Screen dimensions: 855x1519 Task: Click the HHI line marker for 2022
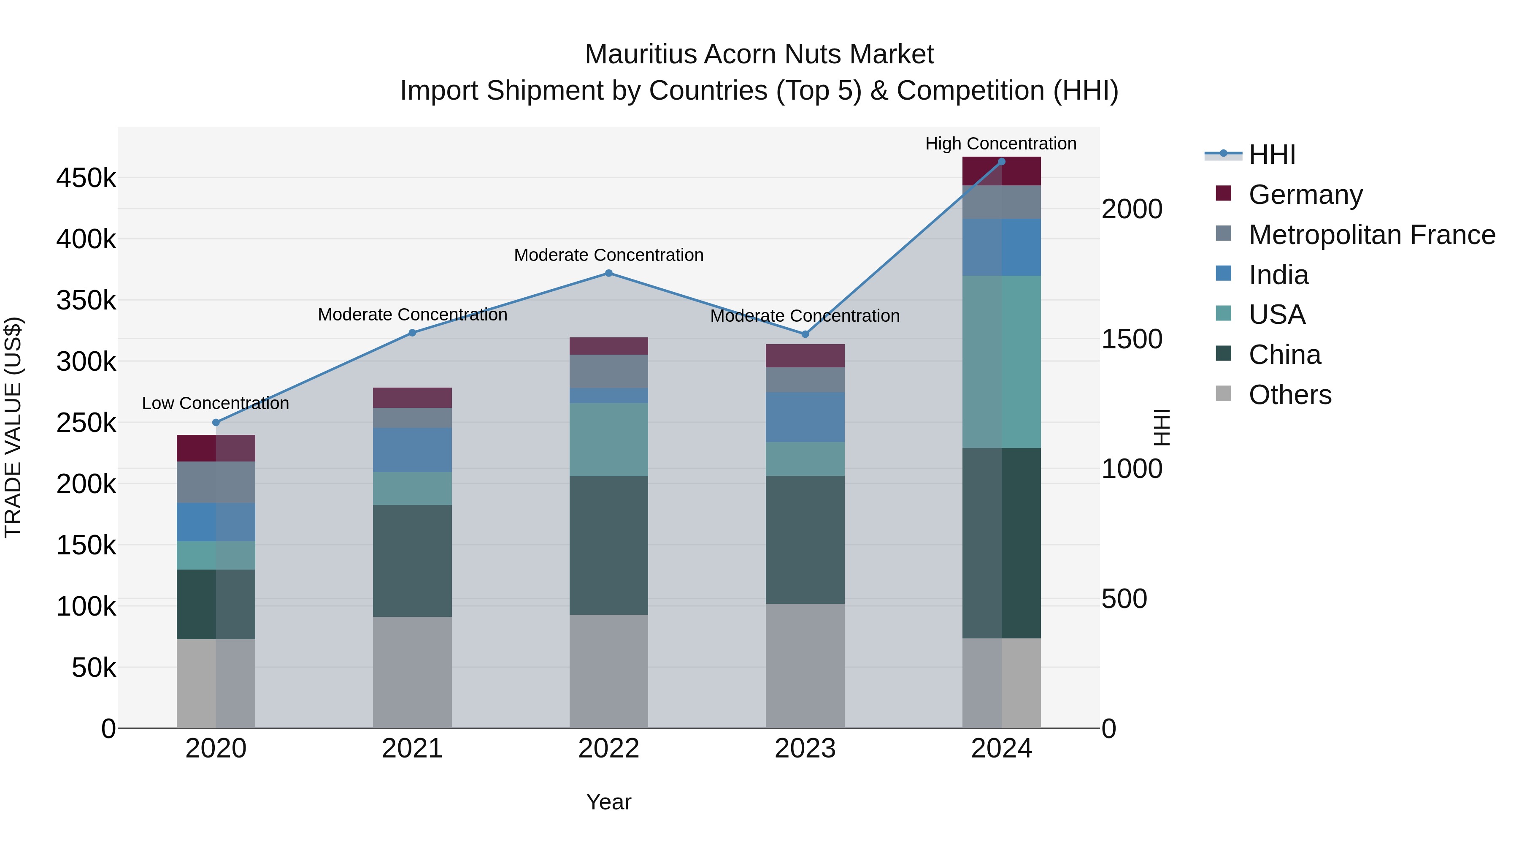608,273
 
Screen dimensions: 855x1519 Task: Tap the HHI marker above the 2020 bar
216,423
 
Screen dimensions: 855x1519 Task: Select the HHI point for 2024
1001,162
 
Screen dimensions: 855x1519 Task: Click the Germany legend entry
1305,195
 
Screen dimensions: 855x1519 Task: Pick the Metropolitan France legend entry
1372,235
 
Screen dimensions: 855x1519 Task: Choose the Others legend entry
1289,395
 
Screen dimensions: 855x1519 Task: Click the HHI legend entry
1272,155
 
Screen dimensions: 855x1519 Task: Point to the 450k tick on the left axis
86,178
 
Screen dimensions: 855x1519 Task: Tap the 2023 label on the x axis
805,749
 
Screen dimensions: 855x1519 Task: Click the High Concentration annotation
1001,144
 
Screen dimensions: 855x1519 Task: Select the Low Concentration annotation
215,404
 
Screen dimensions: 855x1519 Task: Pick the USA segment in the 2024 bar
1001,362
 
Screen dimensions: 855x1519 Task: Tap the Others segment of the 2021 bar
412,672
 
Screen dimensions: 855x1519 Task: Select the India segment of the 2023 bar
805,417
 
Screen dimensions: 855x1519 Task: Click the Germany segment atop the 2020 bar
216,448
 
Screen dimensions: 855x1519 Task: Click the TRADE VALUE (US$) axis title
13,427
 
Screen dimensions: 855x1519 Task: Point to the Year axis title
608,802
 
